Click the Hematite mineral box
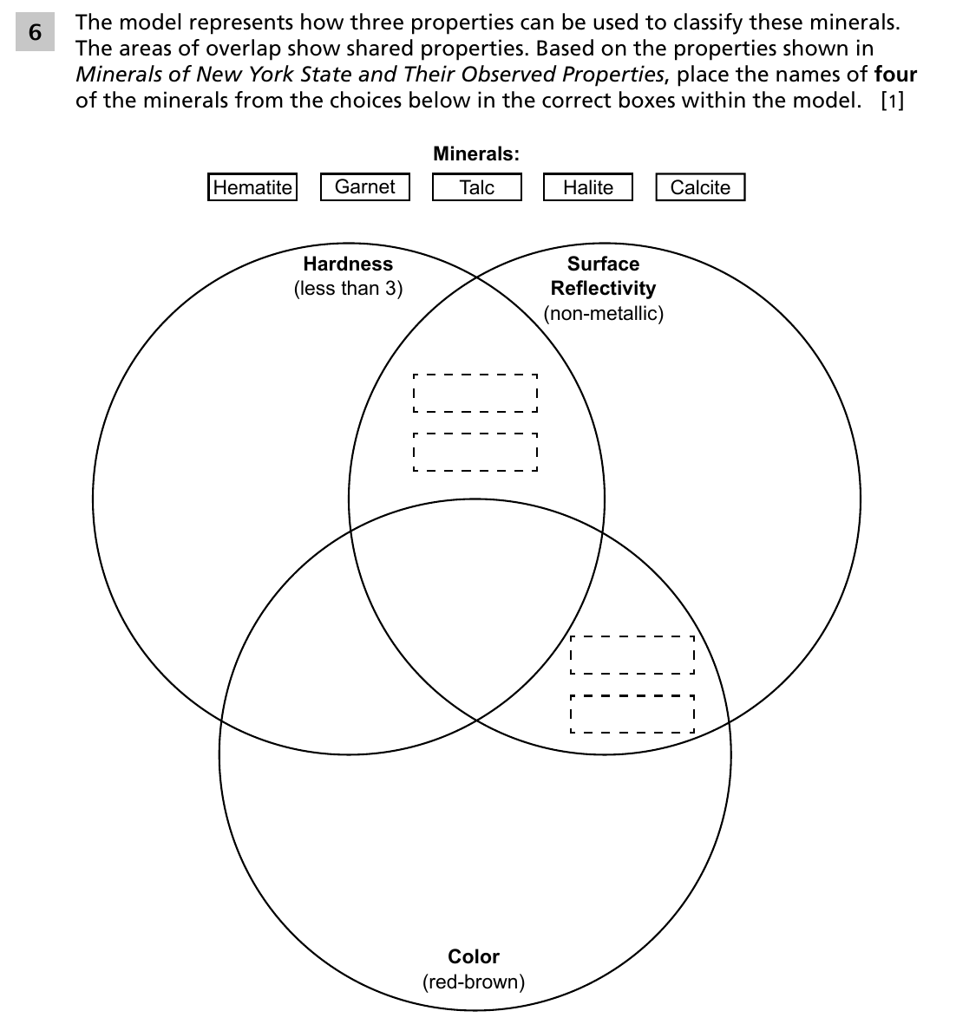pos(252,186)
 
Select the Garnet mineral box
pos(364,186)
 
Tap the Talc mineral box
pos(477,186)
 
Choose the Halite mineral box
pos(588,186)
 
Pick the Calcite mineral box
pos(700,186)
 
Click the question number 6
pos(35,31)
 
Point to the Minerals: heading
pos(476,153)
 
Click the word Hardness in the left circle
pos(348,264)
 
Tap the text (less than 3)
pos(348,288)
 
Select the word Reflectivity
pos(603,288)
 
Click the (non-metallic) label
pos(603,314)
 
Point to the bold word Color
pos(474,956)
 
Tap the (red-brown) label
pos(474,982)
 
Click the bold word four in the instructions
pos(896,75)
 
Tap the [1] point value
pos(893,101)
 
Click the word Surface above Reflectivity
pos(603,264)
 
